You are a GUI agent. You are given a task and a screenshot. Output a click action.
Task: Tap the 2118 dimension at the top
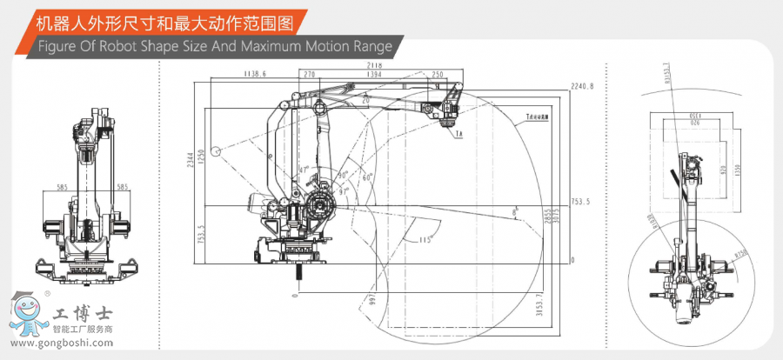coord(376,65)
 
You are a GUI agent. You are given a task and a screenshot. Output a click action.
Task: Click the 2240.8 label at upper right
coord(581,86)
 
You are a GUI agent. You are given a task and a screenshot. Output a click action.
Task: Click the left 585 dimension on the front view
coord(62,186)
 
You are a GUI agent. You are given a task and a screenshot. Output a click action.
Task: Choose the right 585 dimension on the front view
coord(123,186)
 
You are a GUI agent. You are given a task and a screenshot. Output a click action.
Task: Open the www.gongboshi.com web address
coord(62,343)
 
